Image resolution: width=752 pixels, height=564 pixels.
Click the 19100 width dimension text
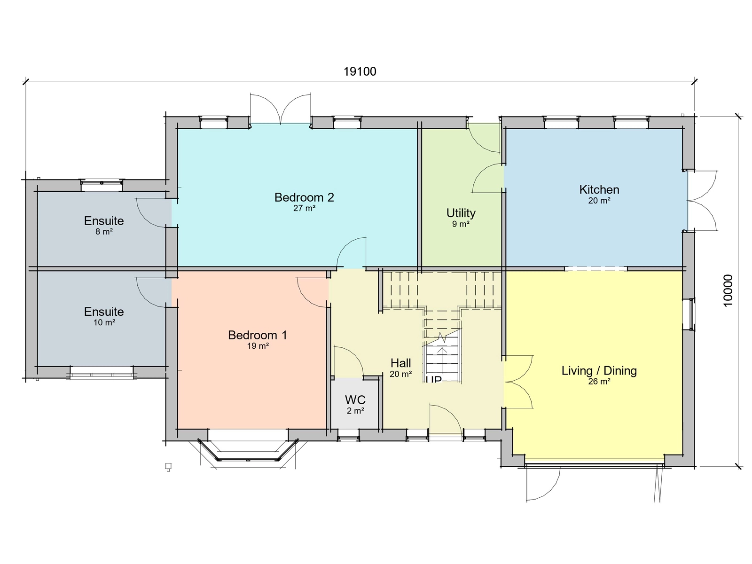[360, 71]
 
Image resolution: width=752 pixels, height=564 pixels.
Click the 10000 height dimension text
[728, 290]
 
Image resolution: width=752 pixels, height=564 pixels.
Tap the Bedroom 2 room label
[304, 197]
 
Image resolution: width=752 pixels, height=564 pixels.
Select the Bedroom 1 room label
[258, 335]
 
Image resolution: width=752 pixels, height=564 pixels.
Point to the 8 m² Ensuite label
[104, 221]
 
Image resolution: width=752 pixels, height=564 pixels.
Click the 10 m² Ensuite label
[104, 312]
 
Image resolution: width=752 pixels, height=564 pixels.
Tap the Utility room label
[461, 213]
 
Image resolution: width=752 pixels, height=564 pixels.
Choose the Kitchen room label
[599, 190]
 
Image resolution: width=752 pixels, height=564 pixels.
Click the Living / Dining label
[599, 371]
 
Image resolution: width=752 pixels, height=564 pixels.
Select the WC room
[355, 404]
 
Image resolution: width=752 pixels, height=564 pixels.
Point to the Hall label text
[400, 363]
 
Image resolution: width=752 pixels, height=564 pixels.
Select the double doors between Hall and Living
[518, 382]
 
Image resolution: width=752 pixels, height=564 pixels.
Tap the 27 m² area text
[304, 208]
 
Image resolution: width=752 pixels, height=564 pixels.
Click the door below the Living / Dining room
[544, 484]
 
